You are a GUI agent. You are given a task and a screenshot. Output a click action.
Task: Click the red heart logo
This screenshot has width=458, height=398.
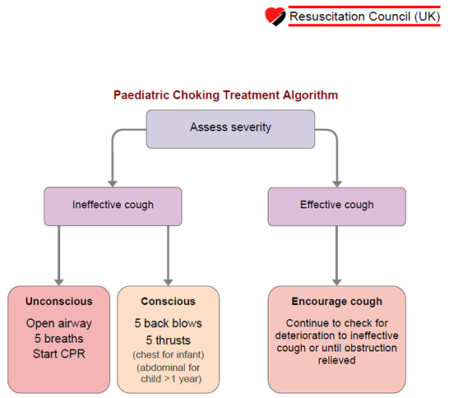coord(275,16)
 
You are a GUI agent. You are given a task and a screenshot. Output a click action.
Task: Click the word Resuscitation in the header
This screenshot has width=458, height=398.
coord(327,16)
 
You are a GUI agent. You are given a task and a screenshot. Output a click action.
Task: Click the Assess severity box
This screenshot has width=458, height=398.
coord(230,129)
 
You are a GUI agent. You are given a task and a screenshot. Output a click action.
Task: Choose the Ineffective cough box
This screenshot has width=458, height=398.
coord(113,206)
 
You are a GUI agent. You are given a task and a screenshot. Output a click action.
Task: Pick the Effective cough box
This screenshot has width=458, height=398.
coord(337,206)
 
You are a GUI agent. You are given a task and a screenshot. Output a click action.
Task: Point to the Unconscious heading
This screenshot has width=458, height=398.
coord(59,301)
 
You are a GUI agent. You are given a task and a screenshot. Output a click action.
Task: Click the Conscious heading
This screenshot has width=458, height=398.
coord(169,301)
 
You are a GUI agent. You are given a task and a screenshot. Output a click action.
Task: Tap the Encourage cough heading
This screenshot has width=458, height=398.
coord(337,302)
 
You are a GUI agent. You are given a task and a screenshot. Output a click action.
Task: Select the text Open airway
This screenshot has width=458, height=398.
coord(59,323)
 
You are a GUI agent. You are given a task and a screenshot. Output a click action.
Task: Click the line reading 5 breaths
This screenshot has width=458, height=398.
coord(59,339)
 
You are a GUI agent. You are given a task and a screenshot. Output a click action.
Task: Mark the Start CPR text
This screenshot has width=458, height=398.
coord(59,354)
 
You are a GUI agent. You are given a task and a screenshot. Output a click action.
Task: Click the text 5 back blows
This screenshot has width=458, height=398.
coord(169,323)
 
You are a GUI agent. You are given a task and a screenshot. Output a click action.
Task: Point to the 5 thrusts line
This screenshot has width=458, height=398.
coord(169,340)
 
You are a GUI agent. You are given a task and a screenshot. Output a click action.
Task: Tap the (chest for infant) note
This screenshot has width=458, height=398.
coord(169,355)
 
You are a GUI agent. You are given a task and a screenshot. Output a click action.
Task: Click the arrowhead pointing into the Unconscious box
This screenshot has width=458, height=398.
coord(59,282)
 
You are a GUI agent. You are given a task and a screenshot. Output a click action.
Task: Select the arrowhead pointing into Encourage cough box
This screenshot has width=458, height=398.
coord(337,282)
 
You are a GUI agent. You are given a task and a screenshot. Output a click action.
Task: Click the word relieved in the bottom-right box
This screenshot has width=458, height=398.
coord(337,360)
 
